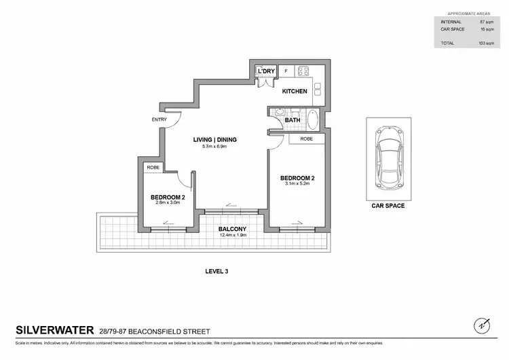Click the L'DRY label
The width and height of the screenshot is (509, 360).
tap(265, 71)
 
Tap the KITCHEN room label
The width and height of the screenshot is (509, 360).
tap(295, 91)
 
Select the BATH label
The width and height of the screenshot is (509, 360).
tap(293, 120)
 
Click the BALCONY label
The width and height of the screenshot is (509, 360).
tap(231, 229)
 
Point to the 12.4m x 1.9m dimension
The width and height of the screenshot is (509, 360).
tap(231, 236)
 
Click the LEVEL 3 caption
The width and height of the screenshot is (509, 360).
tap(216, 271)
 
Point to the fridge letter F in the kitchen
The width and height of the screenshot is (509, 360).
tap(285, 71)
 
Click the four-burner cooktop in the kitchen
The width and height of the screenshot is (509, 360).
tap(304, 71)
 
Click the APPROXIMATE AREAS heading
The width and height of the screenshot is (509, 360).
tap(470, 14)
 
